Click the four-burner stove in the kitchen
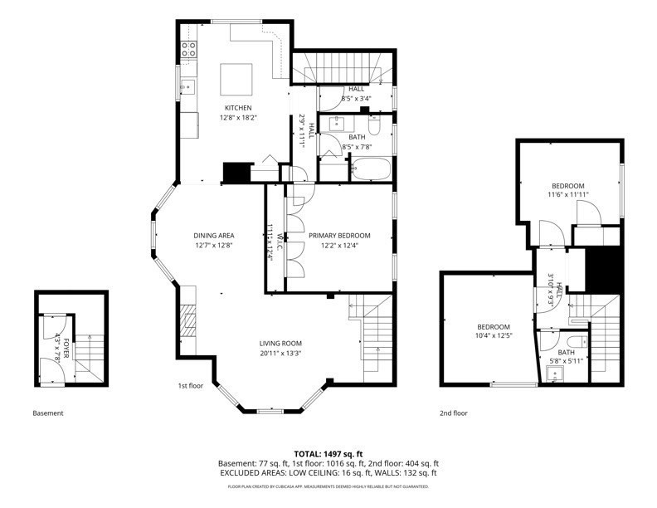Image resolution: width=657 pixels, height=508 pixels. (x=188, y=48)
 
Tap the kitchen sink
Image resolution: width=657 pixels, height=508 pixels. (x=187, y=87)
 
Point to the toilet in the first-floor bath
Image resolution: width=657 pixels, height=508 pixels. (x=374, y=127)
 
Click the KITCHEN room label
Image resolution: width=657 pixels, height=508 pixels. (x=238, y=108)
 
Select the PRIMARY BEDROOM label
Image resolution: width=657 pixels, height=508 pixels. (x=339, y=236)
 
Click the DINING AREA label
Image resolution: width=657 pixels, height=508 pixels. (x=214, y=236)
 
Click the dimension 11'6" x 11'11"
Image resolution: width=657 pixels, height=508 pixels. (x=567, y=194)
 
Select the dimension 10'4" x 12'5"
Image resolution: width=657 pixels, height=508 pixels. (x=493, y=335)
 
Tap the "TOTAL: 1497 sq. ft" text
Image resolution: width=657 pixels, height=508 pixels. (x=329, y=454)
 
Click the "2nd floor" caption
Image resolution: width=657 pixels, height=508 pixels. (x=454, y=413)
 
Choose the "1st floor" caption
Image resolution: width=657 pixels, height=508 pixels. (x=191, y=386)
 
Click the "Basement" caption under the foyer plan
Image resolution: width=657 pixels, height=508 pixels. (x=47, y=413)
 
